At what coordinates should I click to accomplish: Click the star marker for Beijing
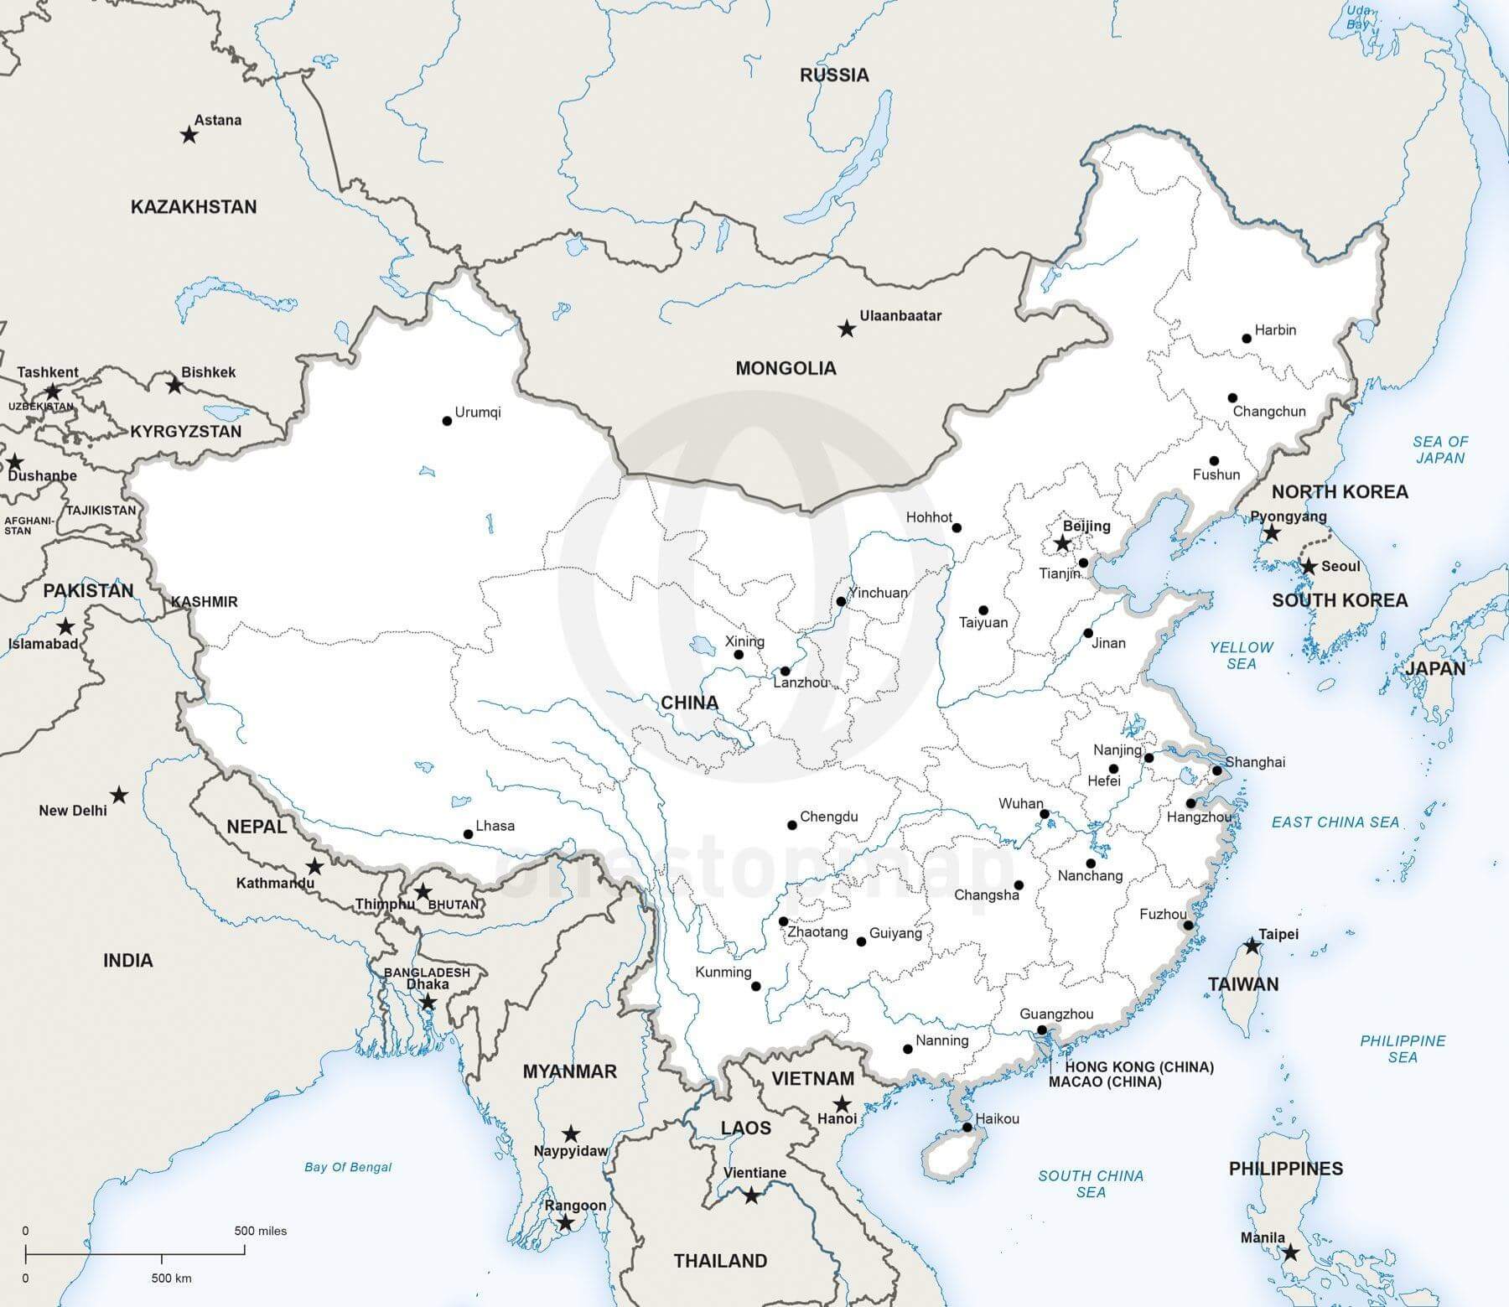point(1062,544)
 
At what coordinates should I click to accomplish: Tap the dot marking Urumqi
point(447,421)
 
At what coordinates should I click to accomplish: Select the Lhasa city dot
point(468,834)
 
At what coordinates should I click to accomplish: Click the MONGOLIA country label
point(786,368)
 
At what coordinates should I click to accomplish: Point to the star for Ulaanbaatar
point(847,329)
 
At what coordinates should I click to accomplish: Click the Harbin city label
point(1275,330)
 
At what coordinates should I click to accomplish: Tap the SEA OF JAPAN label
point(1440,450)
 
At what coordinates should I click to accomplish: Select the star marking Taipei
point(1252,946)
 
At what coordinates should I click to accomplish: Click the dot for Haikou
point(967,1128)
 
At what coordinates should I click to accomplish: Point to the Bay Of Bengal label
point(348,1167)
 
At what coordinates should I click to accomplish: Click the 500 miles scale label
point(260,1232)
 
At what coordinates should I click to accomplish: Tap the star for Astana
point(189,134)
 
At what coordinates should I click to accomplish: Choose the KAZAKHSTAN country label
point(194,207)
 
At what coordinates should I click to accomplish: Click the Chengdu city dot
point(792,826)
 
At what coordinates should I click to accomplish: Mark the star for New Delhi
point(120,794)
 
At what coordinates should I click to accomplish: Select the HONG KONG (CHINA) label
point(1139,1067)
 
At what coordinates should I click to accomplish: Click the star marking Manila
point(1290,1276)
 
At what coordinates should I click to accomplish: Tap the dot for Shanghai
point(1216,770)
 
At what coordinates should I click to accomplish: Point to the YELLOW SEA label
point(1241,656)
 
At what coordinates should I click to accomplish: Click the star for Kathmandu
point(314,866)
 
